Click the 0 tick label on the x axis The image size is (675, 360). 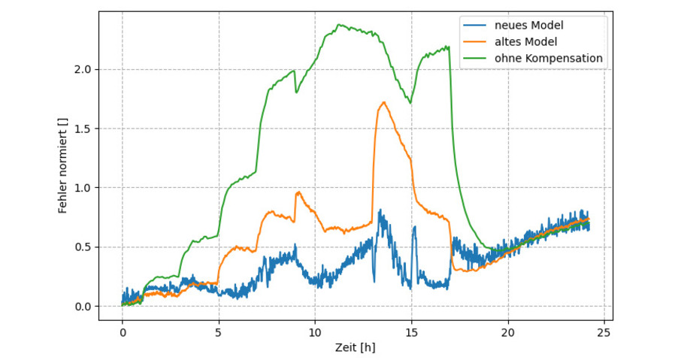[x=122, y=331]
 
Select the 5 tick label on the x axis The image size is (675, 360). [x=219, y=331]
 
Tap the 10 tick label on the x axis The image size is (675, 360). [x=315, y=331]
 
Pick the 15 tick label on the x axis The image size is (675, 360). [x=411, y=331]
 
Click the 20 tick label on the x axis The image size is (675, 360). [x=508, y=331]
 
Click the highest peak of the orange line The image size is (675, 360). [x=384, y=102]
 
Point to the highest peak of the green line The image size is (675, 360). [x=340, y=24]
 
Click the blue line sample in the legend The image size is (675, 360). [x=477, y=26]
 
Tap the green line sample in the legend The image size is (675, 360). [x=477, y=58]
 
